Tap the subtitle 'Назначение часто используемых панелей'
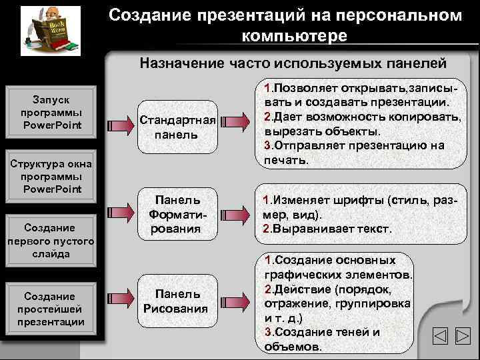click(x=293, y=63)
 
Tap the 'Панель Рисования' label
click(x=176, y=301)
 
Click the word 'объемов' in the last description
click(x=292, y=347)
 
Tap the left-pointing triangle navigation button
click(x=439, y=337)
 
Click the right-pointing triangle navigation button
click(x=462, y=337)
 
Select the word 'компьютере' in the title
click(x=294, y=35)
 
